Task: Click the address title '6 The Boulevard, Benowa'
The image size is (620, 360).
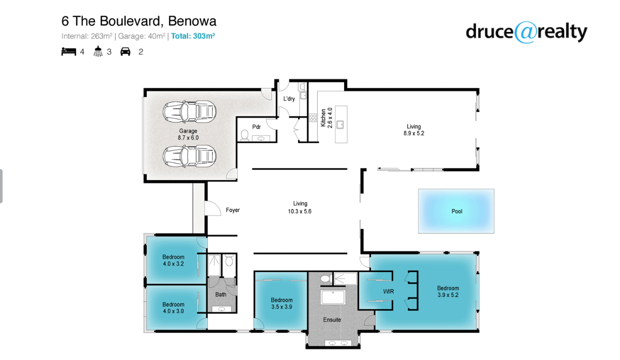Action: click(x=138, y=21)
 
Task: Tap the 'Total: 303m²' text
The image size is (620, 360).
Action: click(x=193, y=36)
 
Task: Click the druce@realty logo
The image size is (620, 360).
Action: click(x=526, y=32)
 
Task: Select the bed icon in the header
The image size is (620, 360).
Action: click(x=68, y=51)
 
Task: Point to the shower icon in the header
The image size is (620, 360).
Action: click(x=98, y=51)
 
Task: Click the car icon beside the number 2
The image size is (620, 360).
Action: click(x=125, y=51)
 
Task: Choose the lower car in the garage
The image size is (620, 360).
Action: click(x=189, y=156)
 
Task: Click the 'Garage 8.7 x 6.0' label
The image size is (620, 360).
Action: click(x=188, y=134)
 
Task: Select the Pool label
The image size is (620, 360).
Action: click(x=457, y=211)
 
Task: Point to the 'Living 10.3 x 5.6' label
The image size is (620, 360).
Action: click(x=300, y=207)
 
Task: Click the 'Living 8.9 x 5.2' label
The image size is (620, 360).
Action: click(x=414, y=130)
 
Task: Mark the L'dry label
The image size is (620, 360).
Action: click(x=289, y=99)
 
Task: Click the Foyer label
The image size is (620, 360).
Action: click(x=233, y=210)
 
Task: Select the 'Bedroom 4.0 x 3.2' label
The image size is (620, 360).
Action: click(x=173, y=260)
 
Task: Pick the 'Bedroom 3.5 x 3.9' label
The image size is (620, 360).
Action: click(x=282, y=303)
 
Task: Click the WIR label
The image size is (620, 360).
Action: click(x=389, y=292)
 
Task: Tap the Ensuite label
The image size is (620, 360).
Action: click(x=332, y=320)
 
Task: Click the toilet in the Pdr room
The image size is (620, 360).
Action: click(x=245, y=136)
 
